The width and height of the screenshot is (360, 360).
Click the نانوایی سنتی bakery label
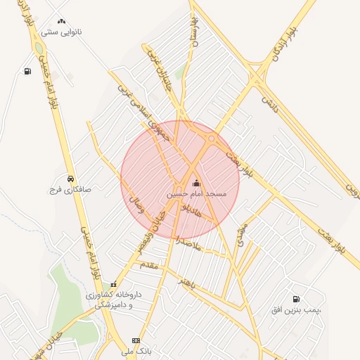click(x=62, y=32)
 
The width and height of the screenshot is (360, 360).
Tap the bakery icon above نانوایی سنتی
click(x=62, y=22)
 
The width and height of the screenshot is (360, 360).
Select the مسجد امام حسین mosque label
click(x=196, y=193)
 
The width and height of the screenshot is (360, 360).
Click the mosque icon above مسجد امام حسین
click(x=195, y=184)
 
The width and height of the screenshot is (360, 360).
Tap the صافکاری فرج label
click(x=70, y=189)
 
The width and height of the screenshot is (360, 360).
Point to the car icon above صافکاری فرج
click(x=70, y=179)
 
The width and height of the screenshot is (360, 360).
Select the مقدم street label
click(x=149, y=265)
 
